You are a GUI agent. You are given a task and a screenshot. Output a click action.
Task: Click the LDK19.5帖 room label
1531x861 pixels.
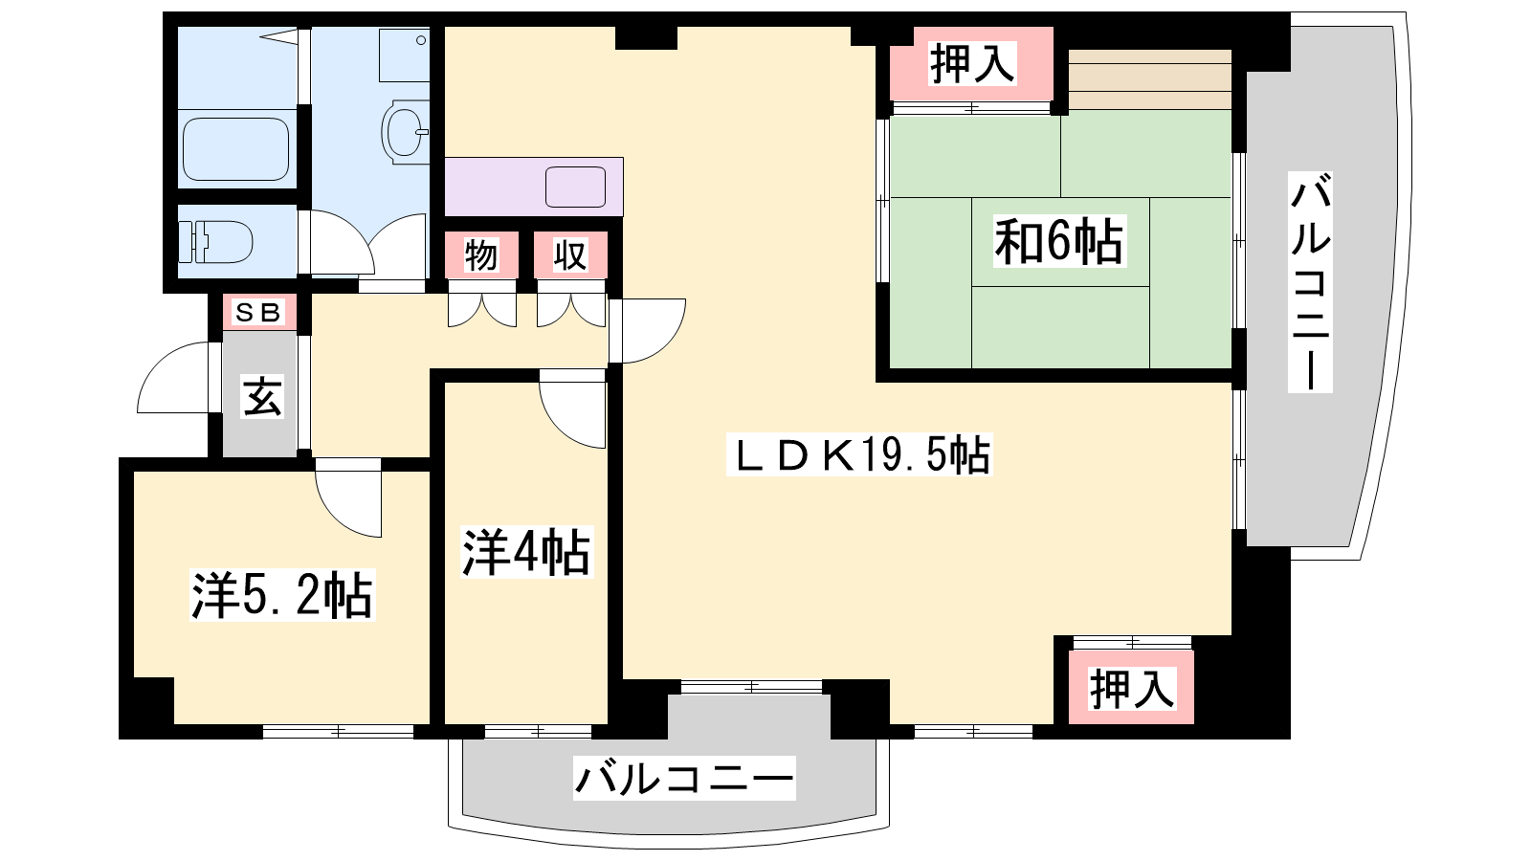(x=860, y=454)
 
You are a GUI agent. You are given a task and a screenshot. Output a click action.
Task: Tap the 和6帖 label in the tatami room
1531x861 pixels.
(x=1058, y=241)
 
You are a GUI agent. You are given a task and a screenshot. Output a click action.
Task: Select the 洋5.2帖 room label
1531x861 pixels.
(x=282, y=595)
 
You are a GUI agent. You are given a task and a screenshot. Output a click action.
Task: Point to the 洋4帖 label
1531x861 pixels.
(x=525, y=553)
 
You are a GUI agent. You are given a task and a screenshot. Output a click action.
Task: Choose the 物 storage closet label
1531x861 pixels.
(x=481, y=255)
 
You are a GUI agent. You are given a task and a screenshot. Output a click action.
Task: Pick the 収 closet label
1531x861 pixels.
(x=570, y=255)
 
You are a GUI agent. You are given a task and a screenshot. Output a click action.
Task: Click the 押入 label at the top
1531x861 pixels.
(x=972, y=63)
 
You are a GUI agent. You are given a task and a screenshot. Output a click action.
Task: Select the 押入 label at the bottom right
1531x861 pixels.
(x=1132, y=689)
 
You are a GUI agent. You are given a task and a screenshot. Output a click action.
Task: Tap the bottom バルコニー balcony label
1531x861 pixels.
(x=684, y=779)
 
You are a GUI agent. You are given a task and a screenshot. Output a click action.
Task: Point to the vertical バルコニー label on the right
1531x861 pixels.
(x=1310, y=282)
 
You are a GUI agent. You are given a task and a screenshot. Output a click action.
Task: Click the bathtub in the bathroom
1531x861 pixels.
(x=235, y=149)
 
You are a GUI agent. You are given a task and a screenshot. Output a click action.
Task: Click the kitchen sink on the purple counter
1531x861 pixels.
(x=575, y=187)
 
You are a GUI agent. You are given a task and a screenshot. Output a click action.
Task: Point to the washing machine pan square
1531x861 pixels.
(x=405, y=55)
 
